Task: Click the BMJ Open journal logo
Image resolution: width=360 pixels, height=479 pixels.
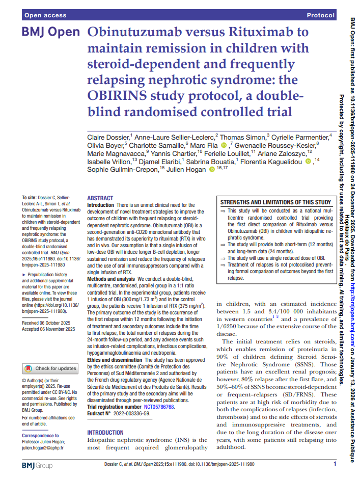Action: tap(50, 33)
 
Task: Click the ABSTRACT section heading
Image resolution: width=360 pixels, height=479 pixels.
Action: tap(100, 198)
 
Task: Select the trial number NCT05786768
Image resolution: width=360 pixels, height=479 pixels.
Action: tap(159, 407)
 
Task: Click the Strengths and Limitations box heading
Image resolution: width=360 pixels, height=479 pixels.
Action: tap(275, 202)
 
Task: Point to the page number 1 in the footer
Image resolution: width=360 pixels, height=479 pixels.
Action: tap(335, 464)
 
